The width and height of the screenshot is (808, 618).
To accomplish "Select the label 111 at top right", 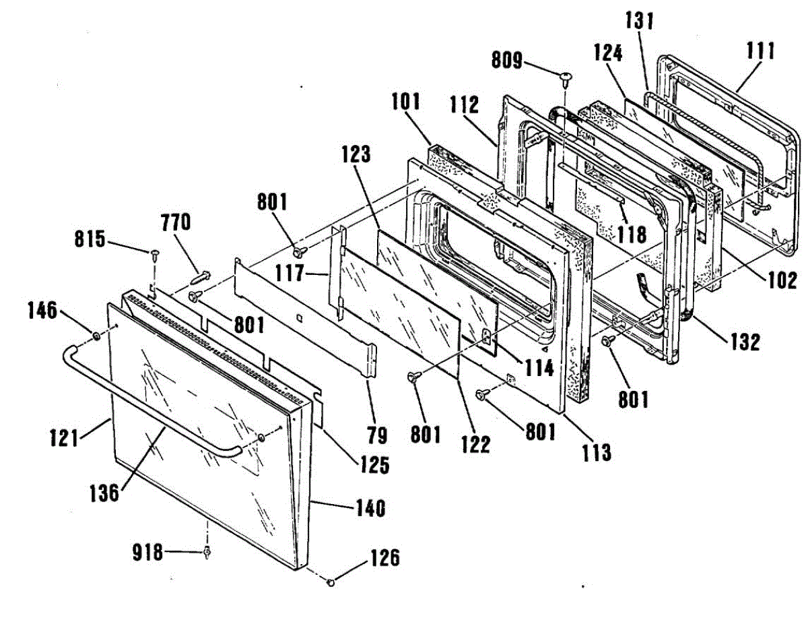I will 761,51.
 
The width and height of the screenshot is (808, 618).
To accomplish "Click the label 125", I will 374,464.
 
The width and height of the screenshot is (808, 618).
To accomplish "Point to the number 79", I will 378,436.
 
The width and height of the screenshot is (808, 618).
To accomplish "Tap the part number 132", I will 745,342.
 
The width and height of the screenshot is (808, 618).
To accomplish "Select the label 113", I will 596,452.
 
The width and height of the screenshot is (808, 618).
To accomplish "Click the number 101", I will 405,102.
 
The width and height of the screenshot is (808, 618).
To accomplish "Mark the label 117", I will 296,274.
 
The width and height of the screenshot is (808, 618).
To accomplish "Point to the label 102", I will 782,279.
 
